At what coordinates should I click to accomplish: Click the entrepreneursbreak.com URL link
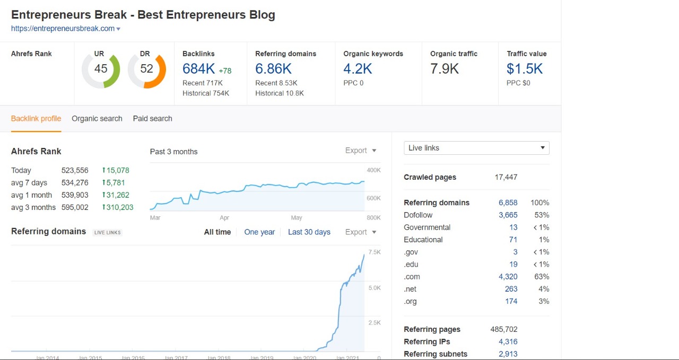click(x=63, y=29)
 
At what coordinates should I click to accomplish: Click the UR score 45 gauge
click(x=101, y=69)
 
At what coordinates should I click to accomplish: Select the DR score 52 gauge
click(x=147, y=69)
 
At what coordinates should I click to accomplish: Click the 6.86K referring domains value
click(x=273, y=69)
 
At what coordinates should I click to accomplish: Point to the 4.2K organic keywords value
click(x=358, y=69)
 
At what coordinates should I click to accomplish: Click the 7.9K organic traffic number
click(x=445, y=69)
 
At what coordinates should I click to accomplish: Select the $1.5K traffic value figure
click(x=525, y=69)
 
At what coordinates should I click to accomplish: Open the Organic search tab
click(x=97, y=119)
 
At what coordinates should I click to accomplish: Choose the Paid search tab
click(x=153, y=119)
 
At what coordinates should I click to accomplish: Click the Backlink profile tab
click(x=36, y=119)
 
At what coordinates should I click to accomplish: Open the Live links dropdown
click(x=476, y=148)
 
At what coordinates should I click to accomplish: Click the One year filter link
click(x=259, y=232)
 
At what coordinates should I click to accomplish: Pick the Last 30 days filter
click(x=309, y=232)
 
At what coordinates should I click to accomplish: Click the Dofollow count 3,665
click(x=508, y=215)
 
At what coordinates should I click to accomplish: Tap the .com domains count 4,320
click(x=508, y=277)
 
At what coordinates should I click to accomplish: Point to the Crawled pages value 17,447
click(x=506, y=177)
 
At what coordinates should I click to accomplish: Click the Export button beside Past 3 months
click(x=361, y=151)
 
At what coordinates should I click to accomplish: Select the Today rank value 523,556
click(x=75, y=171)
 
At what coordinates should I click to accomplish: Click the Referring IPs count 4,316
click(x=508, y=342)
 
